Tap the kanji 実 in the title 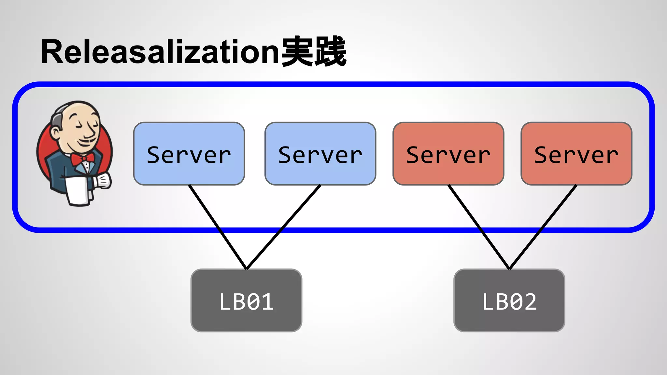click(x=296, y=51)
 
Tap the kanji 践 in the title click(x=330, y=51)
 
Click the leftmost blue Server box click(x=189, y=154)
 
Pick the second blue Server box click(x=320, y=154)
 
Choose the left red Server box click(x=448, y=154)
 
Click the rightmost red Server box click(x=576, y=154)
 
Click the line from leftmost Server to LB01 click(x=218, y=227)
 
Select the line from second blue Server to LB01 click(x=283, y=227)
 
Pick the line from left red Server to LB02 click(x=479, y=227)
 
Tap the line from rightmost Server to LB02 click(x=543, y=227)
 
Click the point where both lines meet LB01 click(x=247, y=269)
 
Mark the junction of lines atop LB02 click(x=509, y=269)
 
